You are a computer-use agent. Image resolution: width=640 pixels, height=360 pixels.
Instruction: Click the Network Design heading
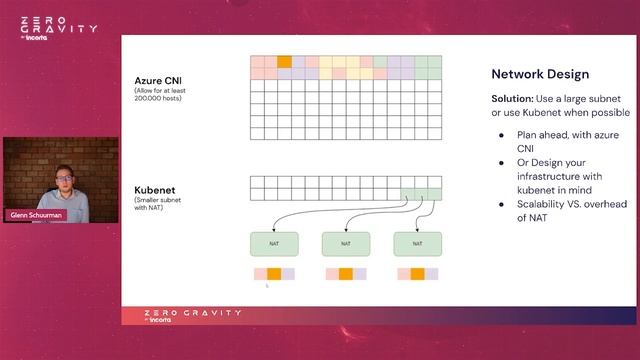(540, 74)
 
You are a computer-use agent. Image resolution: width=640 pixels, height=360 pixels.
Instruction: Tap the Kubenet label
(155, 188)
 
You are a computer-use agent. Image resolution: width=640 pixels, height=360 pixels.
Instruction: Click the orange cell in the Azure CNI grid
(284, 62)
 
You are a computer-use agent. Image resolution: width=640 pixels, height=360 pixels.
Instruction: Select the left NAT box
(274, 243)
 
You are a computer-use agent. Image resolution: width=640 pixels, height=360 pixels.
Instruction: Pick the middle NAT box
(346, 243)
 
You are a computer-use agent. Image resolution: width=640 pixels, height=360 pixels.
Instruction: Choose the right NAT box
(417, 243)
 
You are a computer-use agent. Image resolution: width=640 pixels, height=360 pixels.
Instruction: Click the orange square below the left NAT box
(274, 273)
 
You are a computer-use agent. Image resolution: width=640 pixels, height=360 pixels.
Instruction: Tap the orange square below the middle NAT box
(346, 273)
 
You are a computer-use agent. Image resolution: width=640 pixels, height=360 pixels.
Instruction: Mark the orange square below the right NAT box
(417, 273)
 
